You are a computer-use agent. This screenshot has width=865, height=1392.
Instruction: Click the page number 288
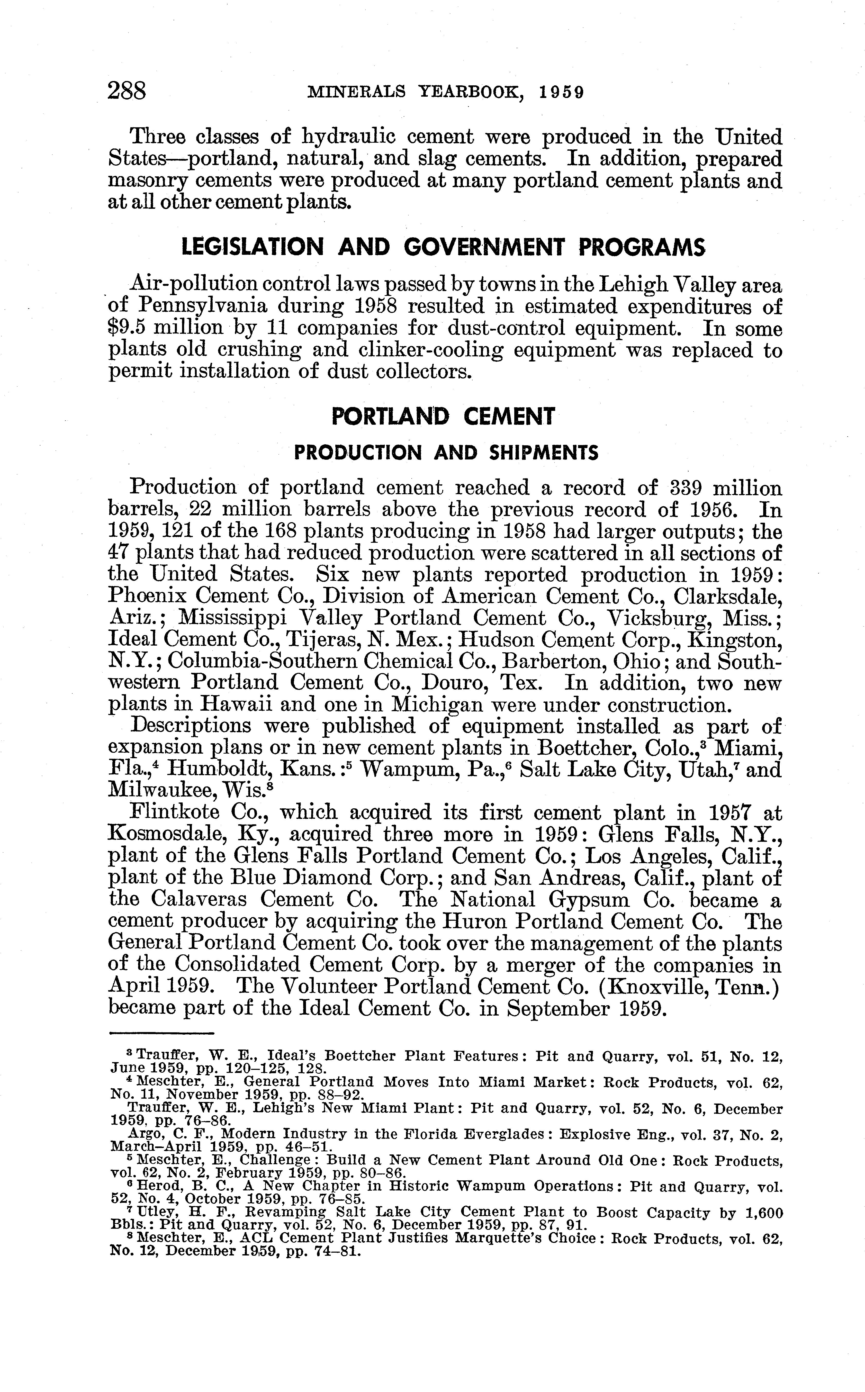pyautogui.click(x=127, y=92)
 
